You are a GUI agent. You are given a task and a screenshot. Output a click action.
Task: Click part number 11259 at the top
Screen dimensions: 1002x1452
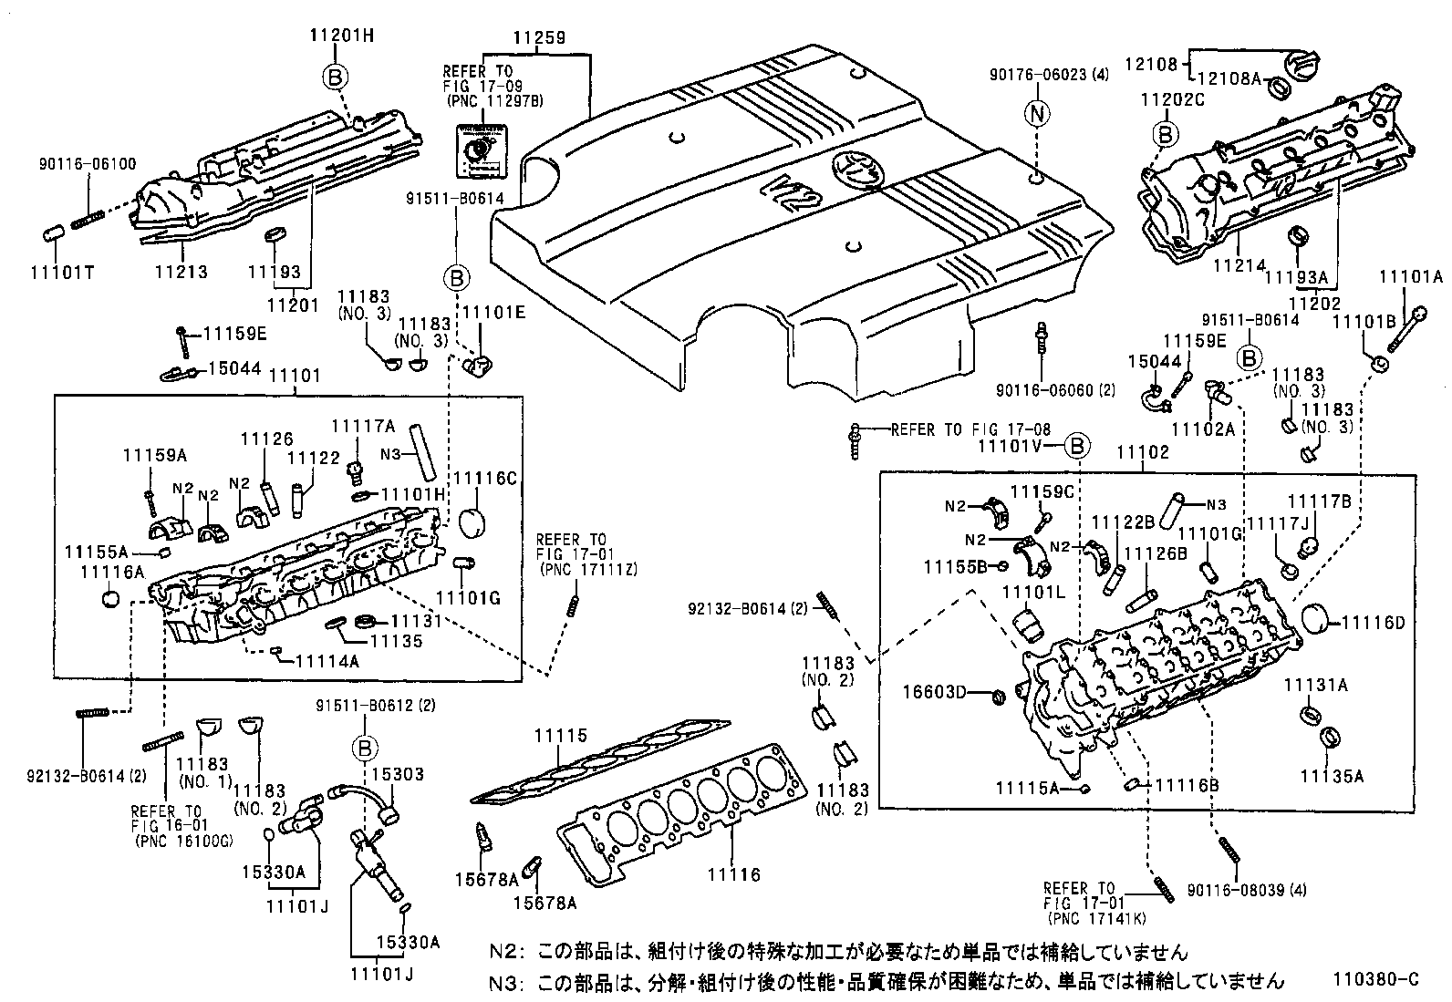click(538, 38)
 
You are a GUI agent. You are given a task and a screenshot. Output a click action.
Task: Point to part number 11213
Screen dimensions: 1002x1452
click(181, 272)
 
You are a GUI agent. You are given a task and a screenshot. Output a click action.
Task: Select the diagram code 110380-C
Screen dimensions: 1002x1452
click(1375, 979)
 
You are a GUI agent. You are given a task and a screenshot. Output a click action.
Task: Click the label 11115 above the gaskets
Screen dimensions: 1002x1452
click(561, 736)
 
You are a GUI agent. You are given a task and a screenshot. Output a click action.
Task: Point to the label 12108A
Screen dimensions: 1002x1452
click(1229, 78)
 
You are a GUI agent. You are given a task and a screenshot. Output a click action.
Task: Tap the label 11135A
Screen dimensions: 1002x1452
click(1332, 776)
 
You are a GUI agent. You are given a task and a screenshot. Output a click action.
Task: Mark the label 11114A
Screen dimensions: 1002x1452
click(327, 661)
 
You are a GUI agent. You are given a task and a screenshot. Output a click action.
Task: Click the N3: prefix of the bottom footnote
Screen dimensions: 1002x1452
click(506, 981)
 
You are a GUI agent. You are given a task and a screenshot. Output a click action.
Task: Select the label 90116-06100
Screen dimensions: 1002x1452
click(88, 164)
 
